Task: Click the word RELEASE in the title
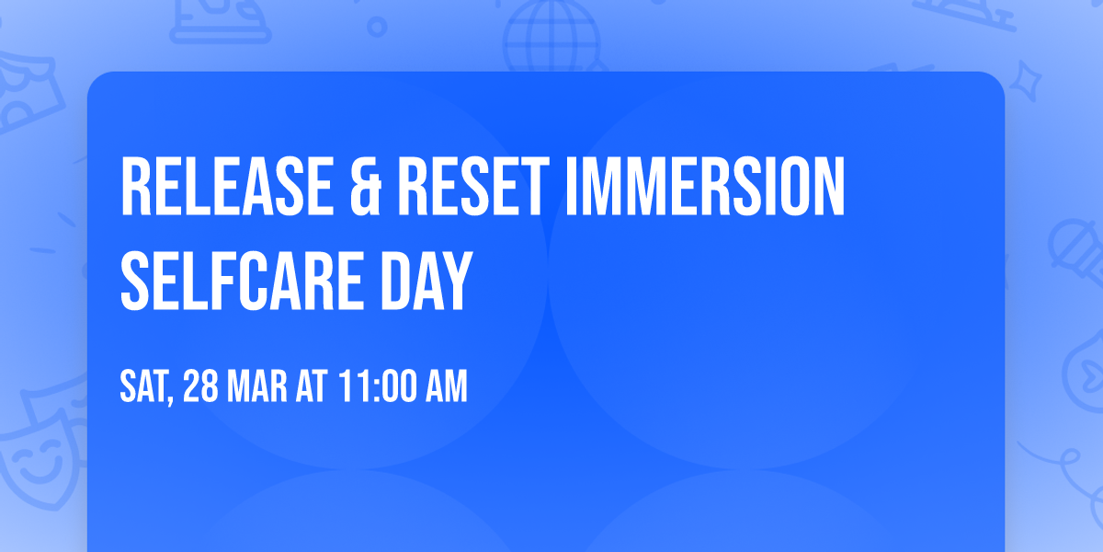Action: click(x=227, y=186)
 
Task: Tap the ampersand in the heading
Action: click(x=366, y=186)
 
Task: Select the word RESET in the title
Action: click(x=473, y=186)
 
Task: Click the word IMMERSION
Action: click(x=706, y=186)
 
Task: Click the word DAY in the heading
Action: click(x=426, y=281)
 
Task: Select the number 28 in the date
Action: click(x=200, y=386)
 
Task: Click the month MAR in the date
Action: click(x=257, y=386)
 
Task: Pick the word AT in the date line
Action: click(x=312, y=386)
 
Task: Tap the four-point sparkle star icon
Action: click(x=1025, y=81)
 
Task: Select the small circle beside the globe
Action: click(x=377, y=27)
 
